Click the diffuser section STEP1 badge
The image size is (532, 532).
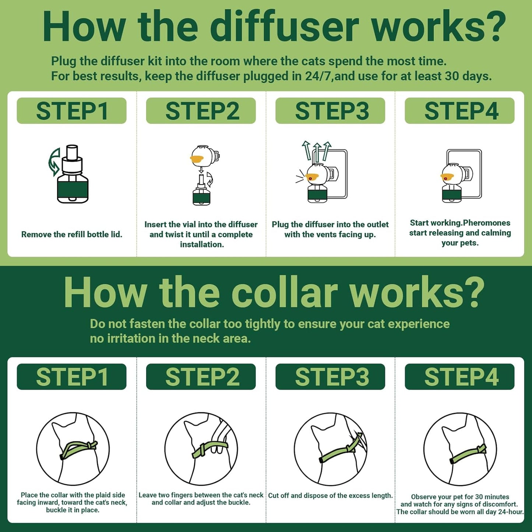[71, 110]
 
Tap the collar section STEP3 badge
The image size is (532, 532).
[330, 377]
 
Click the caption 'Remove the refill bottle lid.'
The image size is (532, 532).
[72, 235]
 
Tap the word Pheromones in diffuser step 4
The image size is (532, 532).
[487, 223]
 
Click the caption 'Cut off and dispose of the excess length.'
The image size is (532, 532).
[331, 496]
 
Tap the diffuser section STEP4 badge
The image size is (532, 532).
[460, 110]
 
